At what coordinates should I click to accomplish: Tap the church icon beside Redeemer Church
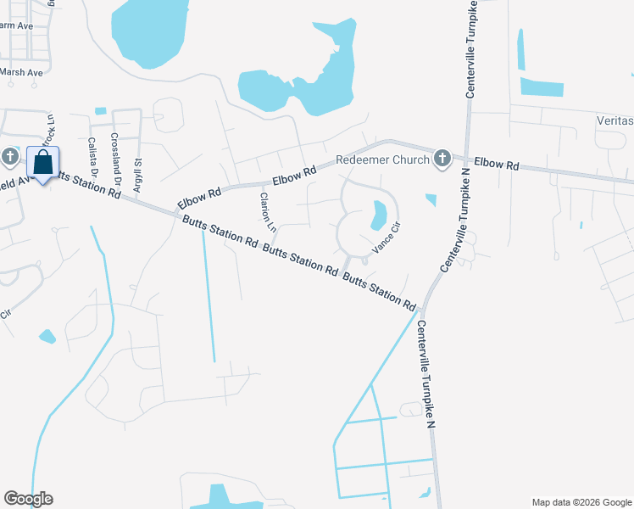pos(442,159)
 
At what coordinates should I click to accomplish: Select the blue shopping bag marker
pos(42,163)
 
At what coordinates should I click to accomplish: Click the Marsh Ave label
pos(21,73)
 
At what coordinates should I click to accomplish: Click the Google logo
pos(28,499)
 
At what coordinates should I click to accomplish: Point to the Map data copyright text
pos(581,502)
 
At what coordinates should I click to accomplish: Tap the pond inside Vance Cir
pos(378,215)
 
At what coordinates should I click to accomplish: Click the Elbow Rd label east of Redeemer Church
pos(496,164)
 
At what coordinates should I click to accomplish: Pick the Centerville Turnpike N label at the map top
pos(469,49)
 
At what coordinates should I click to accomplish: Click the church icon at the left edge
pos(9,157)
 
